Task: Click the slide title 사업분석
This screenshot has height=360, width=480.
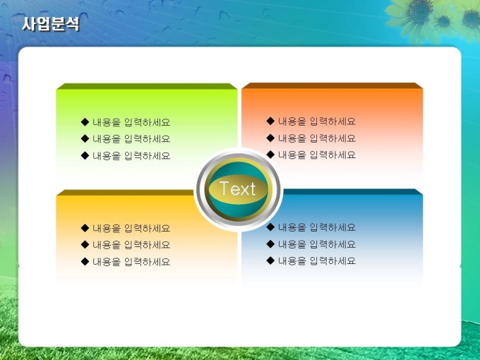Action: click(51, 23)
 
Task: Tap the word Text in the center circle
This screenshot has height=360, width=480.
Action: click(238, 188)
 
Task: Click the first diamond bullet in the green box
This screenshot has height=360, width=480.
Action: click(85, 122)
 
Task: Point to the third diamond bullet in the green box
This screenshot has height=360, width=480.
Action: click(85, 155)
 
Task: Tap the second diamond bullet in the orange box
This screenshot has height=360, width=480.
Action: click(270, 138)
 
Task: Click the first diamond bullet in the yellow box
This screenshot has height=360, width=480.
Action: click(85, 228)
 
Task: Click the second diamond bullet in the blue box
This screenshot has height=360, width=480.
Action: click(270, 244)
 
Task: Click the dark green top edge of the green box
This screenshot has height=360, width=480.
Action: click(147, 86)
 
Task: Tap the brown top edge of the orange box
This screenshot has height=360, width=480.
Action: click(332, 85)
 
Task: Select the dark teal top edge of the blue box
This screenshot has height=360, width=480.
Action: click(352, 191)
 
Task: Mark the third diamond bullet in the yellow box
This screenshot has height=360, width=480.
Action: click(85, 261)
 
